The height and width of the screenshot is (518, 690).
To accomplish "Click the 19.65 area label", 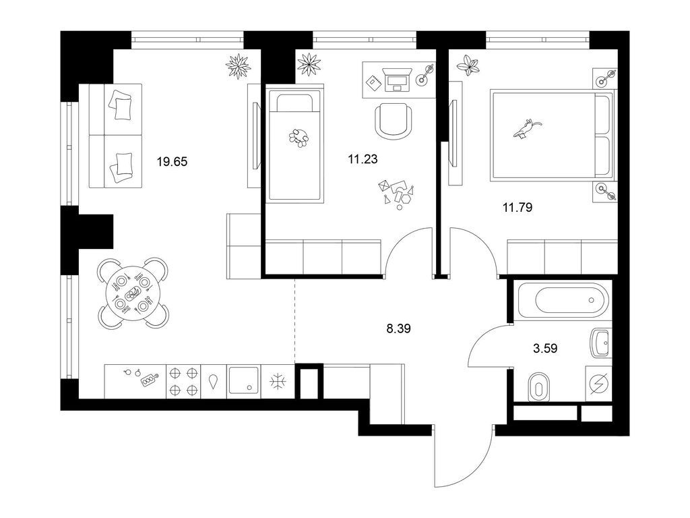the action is pyautogui.click(x=172, y=162).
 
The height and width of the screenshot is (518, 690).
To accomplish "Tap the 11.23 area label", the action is pyautogui.click(x=363, y=159).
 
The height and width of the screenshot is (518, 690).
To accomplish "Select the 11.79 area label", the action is pyautogui.click(x=517, y=207).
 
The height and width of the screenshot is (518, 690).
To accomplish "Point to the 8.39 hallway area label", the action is pyautogui.click(x=398, y=328).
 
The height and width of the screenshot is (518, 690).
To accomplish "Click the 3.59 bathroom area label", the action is pyautogui.click(x=545, y=349).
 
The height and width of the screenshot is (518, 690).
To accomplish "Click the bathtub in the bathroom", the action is pyautogui.click(x=565, y=300).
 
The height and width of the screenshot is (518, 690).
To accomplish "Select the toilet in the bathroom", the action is pyautogui.click(x=538, y=387).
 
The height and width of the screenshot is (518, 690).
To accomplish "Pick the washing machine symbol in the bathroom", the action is pyautogui.click(x=598, y=383).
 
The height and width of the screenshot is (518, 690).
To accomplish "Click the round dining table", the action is pyautogui.click(x=132, y=293).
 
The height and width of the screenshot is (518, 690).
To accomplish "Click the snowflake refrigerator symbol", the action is pyautogui.click(x=278, y=382).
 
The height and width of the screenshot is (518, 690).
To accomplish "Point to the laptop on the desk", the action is pyautogui.click(x=398, y=80).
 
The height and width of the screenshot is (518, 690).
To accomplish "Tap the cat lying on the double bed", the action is pyautogui.click(x=527, y=128).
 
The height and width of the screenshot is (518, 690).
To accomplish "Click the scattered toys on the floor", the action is pyautogui.click(x=396, y=193).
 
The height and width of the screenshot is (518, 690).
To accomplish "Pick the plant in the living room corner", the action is pyautogui.click(x=239, y=66).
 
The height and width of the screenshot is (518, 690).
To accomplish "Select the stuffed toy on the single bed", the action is pyautogui.click(x=299, y=137).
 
